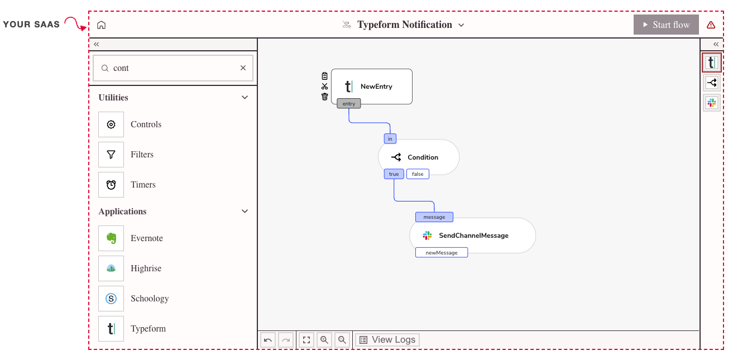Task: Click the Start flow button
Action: click(666, 25)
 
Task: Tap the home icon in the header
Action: click(102, 25)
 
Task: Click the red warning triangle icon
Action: click(711, 25)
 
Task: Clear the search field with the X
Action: click(243, 68)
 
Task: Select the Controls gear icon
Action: click(111, 124)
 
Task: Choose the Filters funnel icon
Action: click(111, 155)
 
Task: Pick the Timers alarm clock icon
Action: click(111, 185)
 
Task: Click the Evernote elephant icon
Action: click(111, 238)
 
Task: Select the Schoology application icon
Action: click(111, 299)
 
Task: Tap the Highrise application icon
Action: click(111, 268)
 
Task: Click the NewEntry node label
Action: click(376, 87)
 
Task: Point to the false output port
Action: click(418, 174)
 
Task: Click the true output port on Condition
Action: click(394, 174)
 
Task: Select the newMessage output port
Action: click(442, 253)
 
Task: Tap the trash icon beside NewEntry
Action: click(324, 97)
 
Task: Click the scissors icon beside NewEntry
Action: click(324, 87)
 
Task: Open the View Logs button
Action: click(387, 340)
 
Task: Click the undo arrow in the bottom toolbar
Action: click(267, 340)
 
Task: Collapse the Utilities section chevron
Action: click(245, 98)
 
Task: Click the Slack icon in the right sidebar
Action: click(711, 103)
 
